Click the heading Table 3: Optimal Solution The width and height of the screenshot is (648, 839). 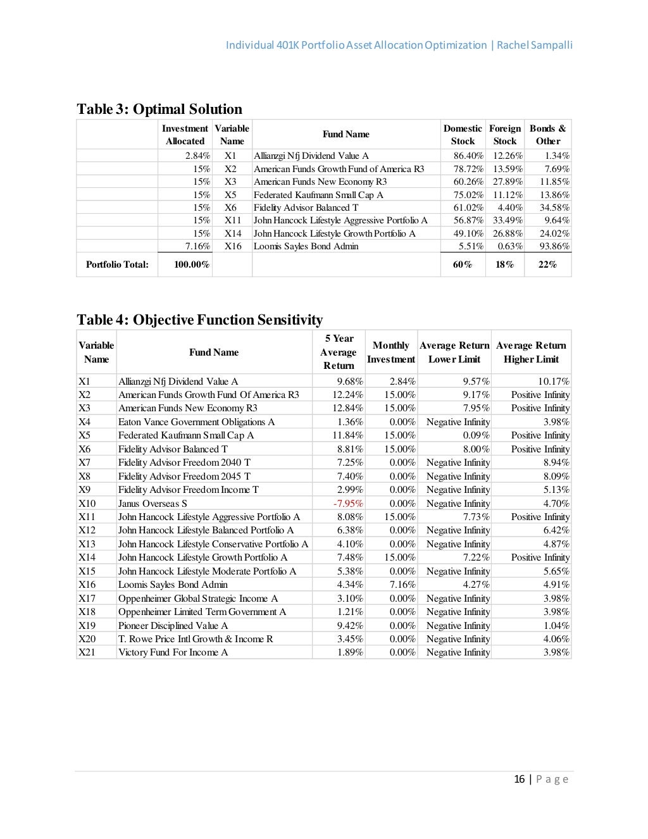coord(159,109)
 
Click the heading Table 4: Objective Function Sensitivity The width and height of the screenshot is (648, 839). coord(199,320)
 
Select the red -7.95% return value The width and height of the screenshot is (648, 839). coord(349,504)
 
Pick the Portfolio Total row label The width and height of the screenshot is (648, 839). coord(117,264)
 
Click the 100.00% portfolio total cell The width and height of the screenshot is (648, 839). coord(192,264)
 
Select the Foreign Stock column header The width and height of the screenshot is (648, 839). coord(504,135)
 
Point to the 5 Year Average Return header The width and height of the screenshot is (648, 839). coord(338,352)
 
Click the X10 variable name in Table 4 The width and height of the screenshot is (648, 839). coord(87,504)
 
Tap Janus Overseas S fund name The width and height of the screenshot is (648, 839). coord(153,504)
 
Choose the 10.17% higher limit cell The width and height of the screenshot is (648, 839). coord(553,381)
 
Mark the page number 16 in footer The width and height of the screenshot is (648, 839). coord(520,779)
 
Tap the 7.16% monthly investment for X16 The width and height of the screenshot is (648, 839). coord(402,585)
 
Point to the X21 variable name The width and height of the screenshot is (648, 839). coord(87,652)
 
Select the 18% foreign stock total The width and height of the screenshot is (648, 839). coord(504,264)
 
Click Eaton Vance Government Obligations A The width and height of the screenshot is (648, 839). coord(196,422)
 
